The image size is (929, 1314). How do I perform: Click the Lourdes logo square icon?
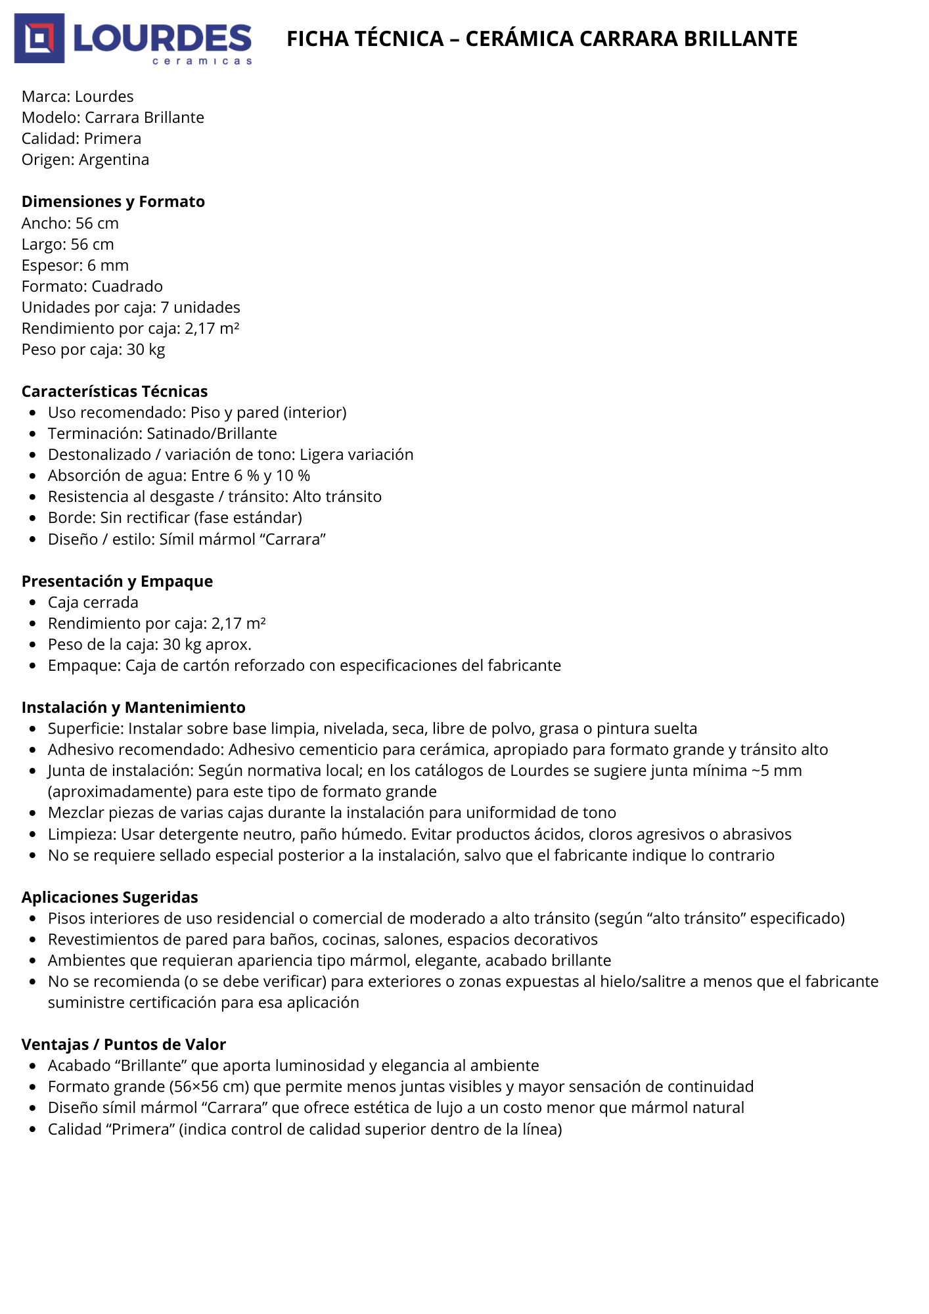[39, 38]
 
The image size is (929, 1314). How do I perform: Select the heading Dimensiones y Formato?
[113, 202]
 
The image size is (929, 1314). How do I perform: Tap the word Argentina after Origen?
[114, 160]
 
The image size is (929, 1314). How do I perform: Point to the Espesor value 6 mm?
[108, 265]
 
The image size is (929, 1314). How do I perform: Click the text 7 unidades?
[200, 307]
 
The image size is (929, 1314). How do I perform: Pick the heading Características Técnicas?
[114, 392]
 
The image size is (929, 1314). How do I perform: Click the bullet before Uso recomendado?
[33, 413]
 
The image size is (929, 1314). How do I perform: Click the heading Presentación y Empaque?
[117, 581]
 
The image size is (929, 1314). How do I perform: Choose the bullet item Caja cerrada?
[93, 602]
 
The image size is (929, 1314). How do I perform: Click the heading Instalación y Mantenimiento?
[133, 708]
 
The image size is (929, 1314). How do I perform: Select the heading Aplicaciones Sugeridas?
[110, 897]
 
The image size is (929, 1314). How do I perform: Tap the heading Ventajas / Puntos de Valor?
[124, 1045]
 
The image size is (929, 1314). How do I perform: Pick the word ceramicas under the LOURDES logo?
[202, 61]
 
